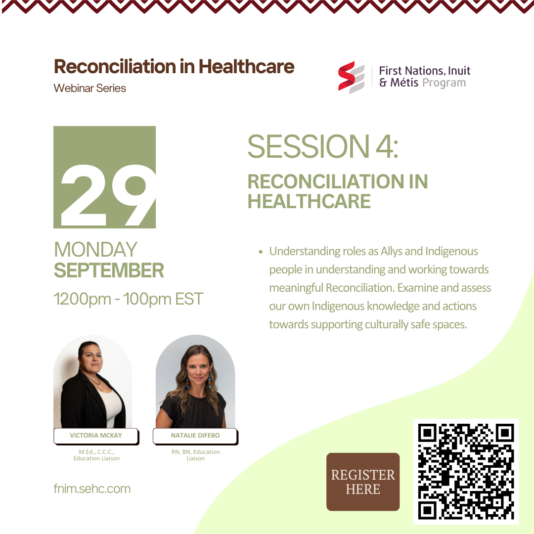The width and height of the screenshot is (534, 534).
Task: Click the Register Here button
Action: [363, 482]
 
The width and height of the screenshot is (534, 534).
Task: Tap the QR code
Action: [466, 471]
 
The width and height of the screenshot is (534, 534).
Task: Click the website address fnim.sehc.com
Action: [92, 489]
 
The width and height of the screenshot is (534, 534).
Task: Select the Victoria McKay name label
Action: [96, 436]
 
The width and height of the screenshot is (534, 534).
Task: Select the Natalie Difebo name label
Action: [195, 436]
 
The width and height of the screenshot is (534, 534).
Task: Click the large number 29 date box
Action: [104, 177]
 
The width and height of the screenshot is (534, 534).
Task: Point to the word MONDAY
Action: [96, 250]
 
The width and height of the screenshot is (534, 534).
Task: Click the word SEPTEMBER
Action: [109, 270]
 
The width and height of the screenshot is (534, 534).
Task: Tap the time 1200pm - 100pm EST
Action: [129, 299]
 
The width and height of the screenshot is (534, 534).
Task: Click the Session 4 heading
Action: [323, 146]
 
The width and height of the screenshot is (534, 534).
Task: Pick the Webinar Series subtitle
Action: [90, 88]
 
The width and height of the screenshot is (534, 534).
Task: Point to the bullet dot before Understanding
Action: [261, 252]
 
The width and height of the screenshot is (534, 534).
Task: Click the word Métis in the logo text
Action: [404, 83]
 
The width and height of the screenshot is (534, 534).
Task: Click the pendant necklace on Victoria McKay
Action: [100, 386]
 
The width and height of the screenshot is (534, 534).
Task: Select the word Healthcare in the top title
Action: [247, 66]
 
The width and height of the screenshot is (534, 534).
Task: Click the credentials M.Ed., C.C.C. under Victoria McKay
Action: [96, 452]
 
